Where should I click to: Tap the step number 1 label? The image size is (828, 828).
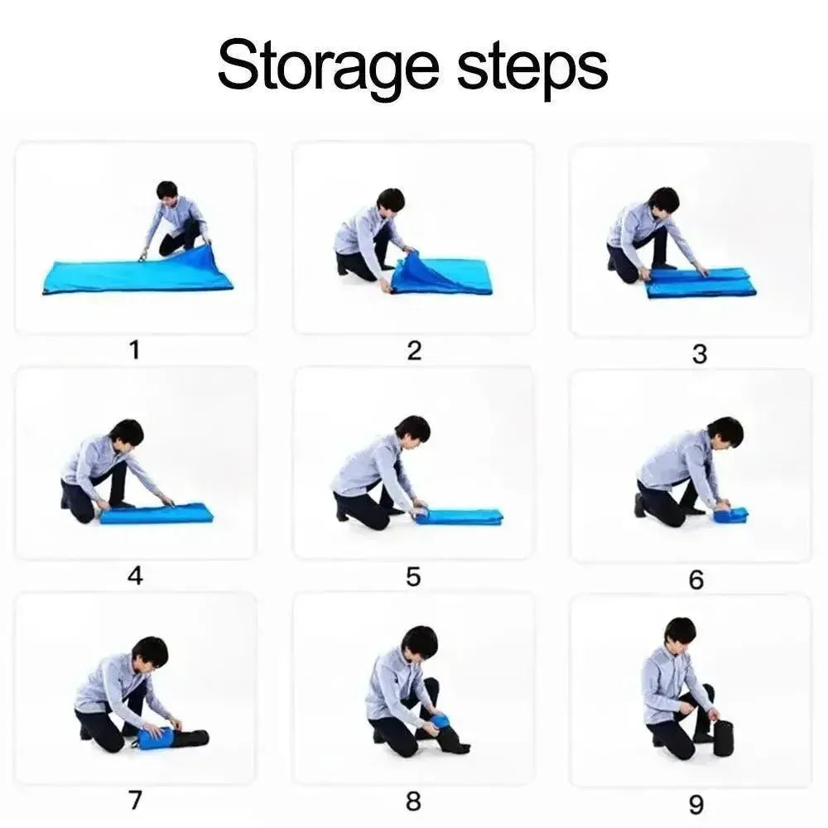[135, 349]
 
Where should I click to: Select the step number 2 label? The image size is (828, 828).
[415, 350]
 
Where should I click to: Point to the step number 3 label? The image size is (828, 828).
[700, 354]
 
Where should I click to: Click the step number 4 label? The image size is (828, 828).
[135, 575]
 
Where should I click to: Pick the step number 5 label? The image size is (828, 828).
[413, 576]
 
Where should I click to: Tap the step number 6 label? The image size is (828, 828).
[696, 580]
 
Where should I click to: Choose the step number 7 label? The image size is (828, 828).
[136, 800]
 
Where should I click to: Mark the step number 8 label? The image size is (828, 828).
[413, 801]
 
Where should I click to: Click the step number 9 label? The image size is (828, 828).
[696, 805]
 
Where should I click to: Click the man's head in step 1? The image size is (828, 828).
[167, 195]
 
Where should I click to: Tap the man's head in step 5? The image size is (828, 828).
[412, 431]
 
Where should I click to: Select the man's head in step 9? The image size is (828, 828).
[680, 633]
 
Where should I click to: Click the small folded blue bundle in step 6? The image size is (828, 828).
[730, 514]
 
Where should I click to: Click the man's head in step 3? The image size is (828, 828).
[663, 203]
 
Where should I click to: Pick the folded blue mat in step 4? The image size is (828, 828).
[156, 513]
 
